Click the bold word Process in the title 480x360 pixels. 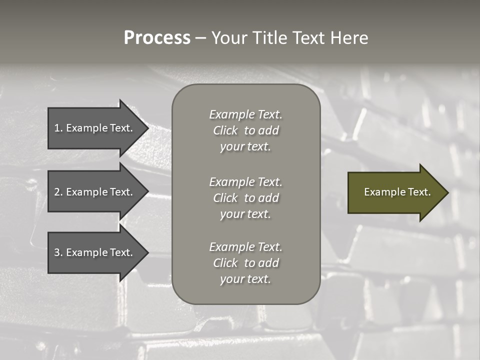point(157,38)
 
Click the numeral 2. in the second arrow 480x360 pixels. point(58,192)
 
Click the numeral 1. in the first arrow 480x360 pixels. point(58,128)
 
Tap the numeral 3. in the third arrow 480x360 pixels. point(58,252)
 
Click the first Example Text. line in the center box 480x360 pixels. point(245,114)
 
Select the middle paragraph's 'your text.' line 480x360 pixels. point(245,214)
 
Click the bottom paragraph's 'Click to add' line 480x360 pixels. point(245,263)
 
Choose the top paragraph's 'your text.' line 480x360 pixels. point(245,147)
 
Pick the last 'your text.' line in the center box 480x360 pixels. point(245,279)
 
